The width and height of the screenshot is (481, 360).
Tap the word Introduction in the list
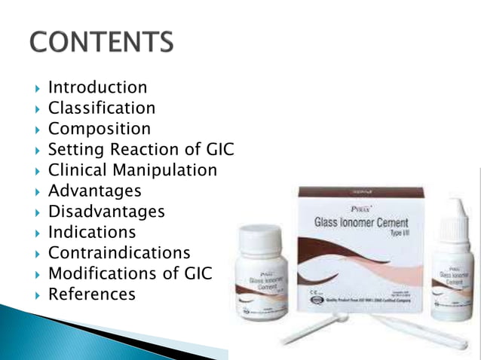tap(97, 88)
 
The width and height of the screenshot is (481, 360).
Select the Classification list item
tap(102, 108)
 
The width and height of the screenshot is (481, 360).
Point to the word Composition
tap(100, 129)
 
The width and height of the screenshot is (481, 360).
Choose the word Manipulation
tap(166, 170)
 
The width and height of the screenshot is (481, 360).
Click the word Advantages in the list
tap(94, 191)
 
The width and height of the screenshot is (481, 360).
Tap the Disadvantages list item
tap(106, 212)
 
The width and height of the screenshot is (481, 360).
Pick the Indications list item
tap(92, 232)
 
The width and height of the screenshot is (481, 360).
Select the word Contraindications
tap(119, 252)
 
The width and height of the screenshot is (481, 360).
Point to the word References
tap(92, 294)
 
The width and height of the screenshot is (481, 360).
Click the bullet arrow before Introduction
tap(38, 89)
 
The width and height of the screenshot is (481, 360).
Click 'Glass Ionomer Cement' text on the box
tap(361, 222)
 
